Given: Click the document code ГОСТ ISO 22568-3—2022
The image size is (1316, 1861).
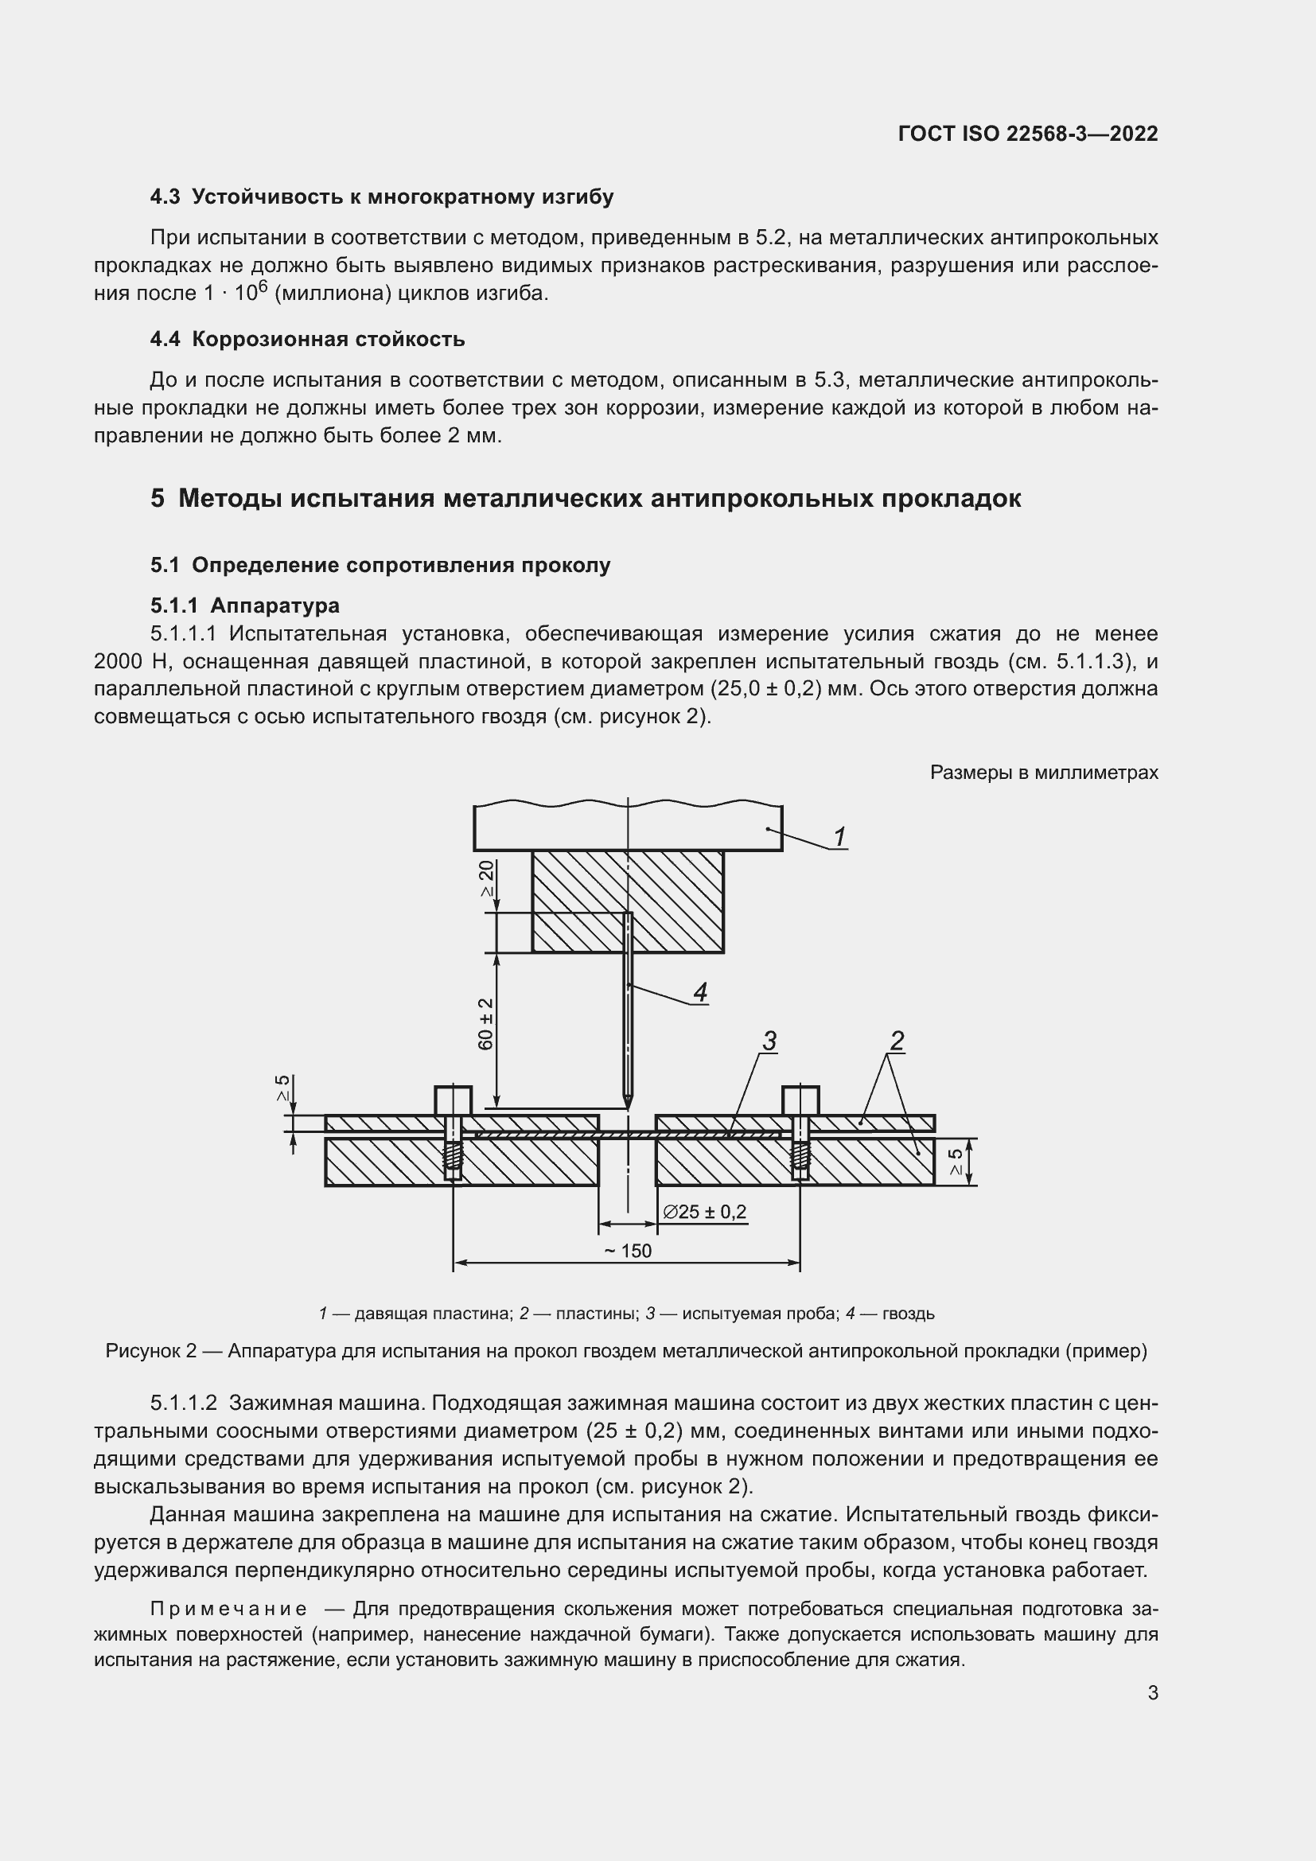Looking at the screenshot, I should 1027,134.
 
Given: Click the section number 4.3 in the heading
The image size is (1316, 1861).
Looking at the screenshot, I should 165,197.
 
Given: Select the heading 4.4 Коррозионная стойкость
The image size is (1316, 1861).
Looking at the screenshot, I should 307,339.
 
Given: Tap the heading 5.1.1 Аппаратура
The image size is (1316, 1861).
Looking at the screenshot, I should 245,605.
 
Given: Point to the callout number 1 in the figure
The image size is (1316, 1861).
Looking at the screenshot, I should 840,835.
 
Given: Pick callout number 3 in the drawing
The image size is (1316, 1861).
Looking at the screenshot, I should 769,1041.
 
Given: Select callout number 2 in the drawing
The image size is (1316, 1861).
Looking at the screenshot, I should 896,1041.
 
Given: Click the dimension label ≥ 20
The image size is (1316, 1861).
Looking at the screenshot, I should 486,878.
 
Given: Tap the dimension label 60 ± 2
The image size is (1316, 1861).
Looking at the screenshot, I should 486,1024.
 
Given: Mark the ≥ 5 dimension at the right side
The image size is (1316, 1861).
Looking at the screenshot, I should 956,1162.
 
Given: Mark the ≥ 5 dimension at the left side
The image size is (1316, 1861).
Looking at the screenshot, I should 282,1087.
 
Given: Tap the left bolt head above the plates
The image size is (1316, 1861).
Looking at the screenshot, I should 453,1100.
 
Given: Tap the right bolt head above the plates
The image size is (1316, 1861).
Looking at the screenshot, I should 800,1100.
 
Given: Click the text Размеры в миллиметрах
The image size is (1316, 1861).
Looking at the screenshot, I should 1044,773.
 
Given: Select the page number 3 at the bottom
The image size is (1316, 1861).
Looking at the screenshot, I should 1152,1692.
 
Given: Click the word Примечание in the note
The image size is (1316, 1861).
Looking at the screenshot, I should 228,1609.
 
